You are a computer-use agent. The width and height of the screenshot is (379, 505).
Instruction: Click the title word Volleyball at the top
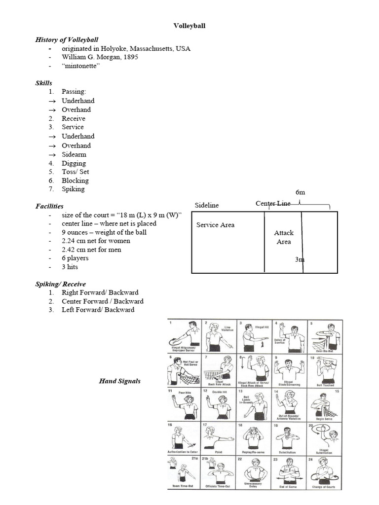(189, 26)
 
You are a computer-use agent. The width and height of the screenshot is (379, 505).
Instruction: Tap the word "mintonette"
(81, 66)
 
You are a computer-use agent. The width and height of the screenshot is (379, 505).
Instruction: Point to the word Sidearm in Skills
(74, 154)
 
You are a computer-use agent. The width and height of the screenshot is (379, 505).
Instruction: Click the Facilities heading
(49, 206)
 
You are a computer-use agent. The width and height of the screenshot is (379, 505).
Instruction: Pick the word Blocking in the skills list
(75, 180)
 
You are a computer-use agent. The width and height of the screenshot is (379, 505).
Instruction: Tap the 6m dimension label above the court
(301, 191)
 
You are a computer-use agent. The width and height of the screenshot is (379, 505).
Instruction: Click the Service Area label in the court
(215, 225)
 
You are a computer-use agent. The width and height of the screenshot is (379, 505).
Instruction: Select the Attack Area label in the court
(283, 237)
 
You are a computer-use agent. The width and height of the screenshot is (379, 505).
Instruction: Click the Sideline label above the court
(207, 205)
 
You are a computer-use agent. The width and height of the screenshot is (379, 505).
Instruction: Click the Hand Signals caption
(119, 381)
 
